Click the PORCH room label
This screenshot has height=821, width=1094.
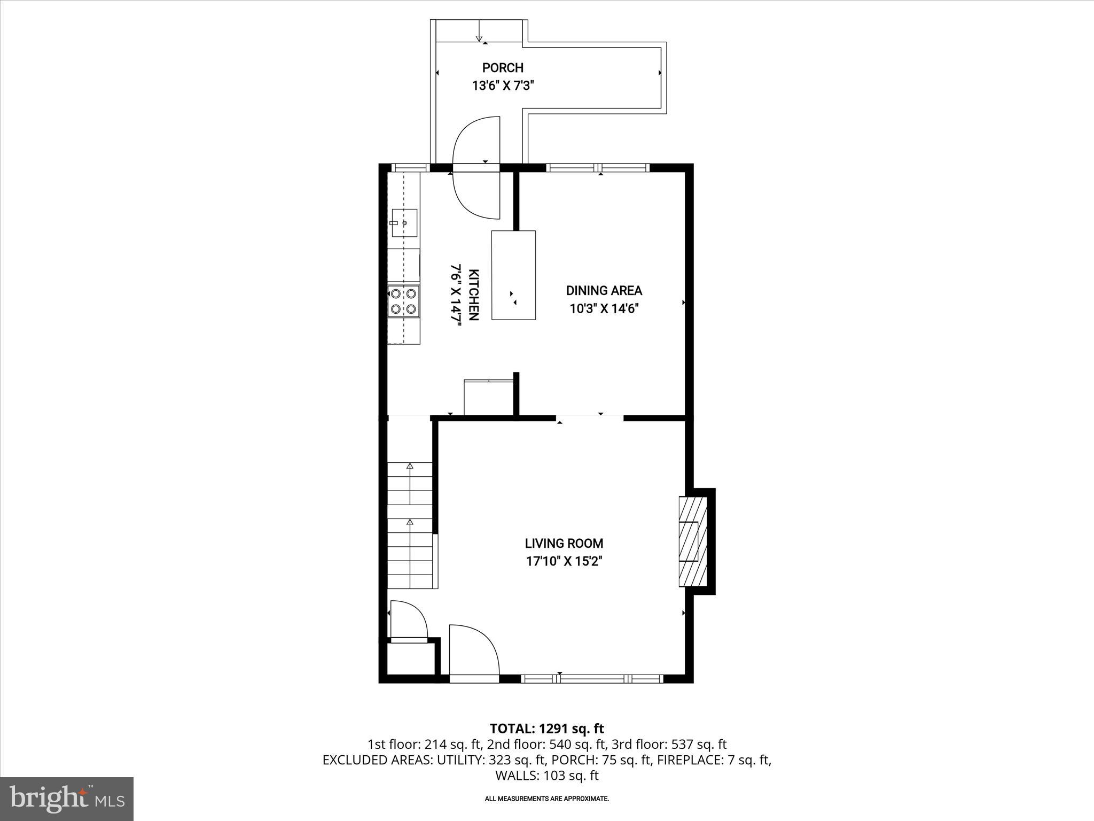coord(503,68)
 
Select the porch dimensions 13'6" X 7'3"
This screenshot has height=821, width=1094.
coord(503,86)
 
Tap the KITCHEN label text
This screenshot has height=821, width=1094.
coord(473,295)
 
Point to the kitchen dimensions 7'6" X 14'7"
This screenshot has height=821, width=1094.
coord(456,295)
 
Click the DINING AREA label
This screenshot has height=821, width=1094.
coord(604,291)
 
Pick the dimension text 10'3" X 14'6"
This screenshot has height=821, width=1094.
coord(604,308)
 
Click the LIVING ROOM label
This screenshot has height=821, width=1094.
coord(564,544)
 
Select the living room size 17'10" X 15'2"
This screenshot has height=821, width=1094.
coord(564,561)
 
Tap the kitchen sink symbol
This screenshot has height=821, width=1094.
coord(404,223)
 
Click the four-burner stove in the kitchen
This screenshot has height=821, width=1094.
coord(404,301)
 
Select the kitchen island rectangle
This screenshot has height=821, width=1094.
coord(513,275)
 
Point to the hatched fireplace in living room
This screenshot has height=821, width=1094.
coord(693,541)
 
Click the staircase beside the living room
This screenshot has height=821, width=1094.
coord(410,525)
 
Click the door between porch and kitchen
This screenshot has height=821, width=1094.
coord(476,168)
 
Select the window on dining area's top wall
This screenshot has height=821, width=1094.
coord(598,168)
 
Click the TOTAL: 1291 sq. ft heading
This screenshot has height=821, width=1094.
coord(546,729)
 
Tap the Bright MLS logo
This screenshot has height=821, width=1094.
coord(67,799)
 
